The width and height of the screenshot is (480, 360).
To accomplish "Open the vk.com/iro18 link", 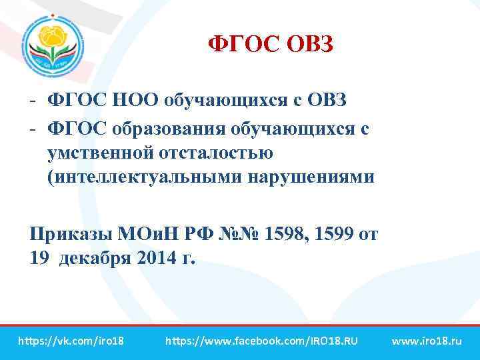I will click(x=71, y=341).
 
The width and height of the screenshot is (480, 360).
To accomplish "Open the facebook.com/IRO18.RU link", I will click(x=261, y=341).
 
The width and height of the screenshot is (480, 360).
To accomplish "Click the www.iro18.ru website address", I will click(x=427, y=341).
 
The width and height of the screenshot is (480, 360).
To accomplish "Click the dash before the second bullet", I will click(x=33, y=127).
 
